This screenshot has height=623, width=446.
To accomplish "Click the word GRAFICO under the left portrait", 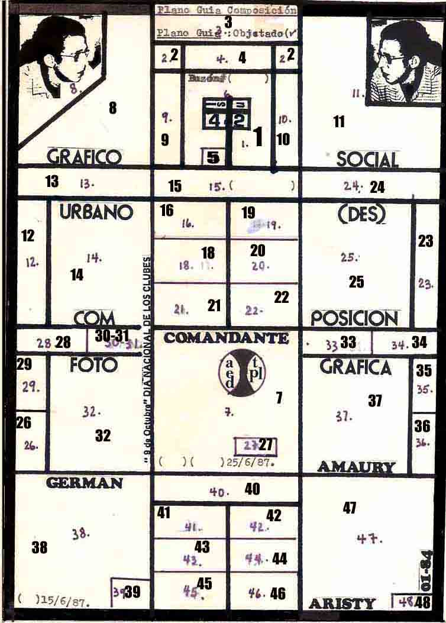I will click(x=83, y=157).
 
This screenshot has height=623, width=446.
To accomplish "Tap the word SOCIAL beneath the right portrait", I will click(x=367, y=159).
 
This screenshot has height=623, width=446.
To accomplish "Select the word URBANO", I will click(x=96, y=212).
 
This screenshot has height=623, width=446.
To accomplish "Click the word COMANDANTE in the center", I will click(x=227, y=338).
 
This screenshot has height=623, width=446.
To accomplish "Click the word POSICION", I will click(x=354, y=318).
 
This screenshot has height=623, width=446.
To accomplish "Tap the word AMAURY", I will click(x=356, y=467).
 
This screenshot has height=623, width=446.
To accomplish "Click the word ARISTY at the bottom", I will click(x=342, y=604).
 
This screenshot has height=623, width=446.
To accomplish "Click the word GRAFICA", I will click(x=355, y=367).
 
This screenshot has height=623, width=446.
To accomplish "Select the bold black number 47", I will click(x=350, y=508).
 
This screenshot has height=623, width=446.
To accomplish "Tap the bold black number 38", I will click(x=40, y=548).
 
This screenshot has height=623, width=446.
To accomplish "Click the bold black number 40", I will click(x=252, y=489).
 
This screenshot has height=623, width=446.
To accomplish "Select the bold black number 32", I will click(x=103, y=436).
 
